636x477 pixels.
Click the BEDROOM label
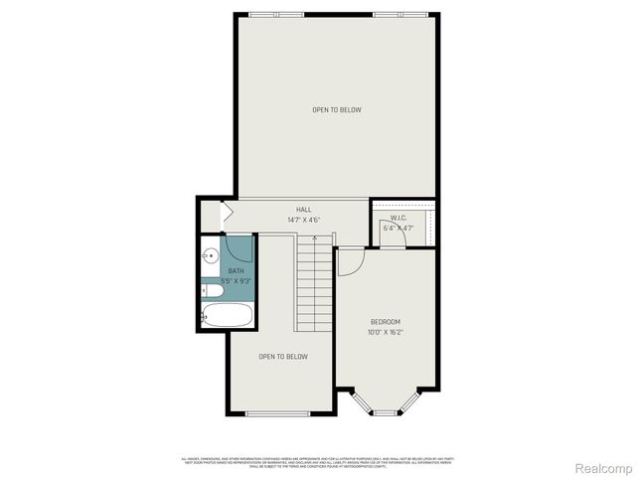[386, 322]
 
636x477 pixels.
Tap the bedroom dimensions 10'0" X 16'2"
[386, 333]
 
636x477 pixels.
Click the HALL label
[304, 210]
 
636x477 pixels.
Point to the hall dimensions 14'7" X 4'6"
[304, 220]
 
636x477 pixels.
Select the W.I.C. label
[397, 218]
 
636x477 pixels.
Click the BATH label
[236, 271]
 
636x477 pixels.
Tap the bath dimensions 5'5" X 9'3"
[236, 281]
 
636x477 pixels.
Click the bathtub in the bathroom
[228, 317]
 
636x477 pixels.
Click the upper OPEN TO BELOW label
[337, 109]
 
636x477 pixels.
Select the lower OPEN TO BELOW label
[283, 357]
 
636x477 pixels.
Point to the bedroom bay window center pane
[385, 412]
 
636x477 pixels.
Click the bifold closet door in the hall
[226, 213]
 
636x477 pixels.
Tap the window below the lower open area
[278, 413]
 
